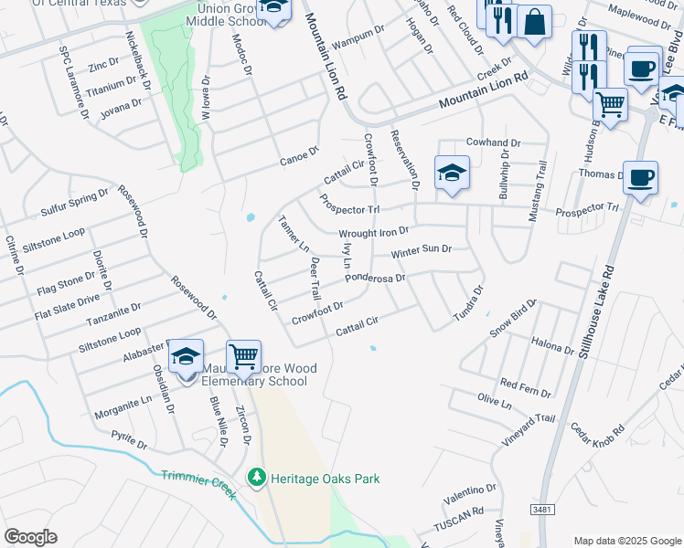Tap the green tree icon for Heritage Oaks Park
pos(257,478)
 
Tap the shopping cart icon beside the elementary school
pos(243,355)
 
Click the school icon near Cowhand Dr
pos(452,173)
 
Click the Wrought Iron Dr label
pos(373,233)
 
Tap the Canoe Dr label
pos(299,158)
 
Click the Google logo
pos(30,537)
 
